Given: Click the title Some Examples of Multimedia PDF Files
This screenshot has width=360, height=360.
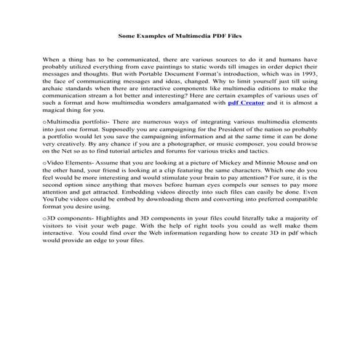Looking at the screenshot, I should point(180,35).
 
